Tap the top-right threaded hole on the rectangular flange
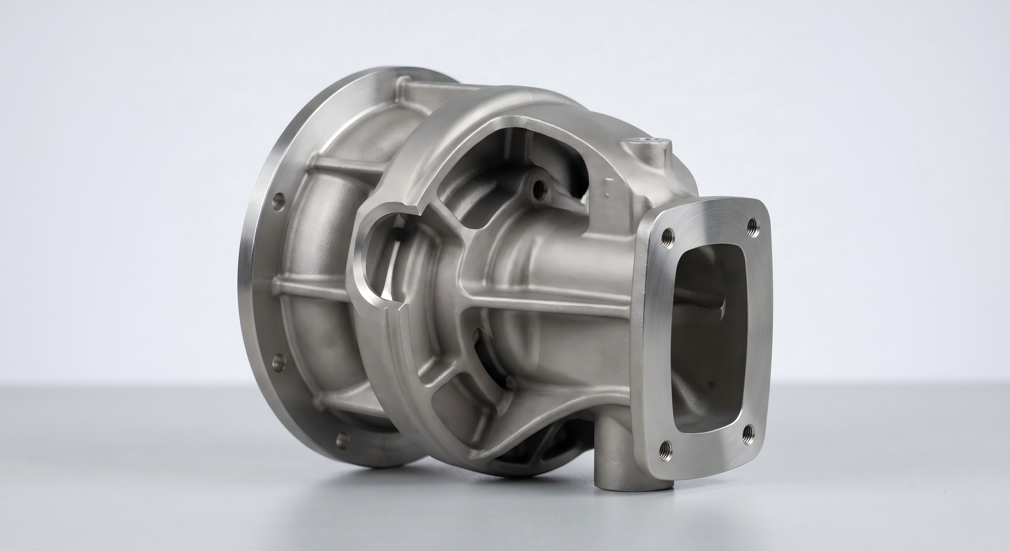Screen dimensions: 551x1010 tap(753, 226)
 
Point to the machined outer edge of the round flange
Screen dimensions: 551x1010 tap(247, 274)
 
